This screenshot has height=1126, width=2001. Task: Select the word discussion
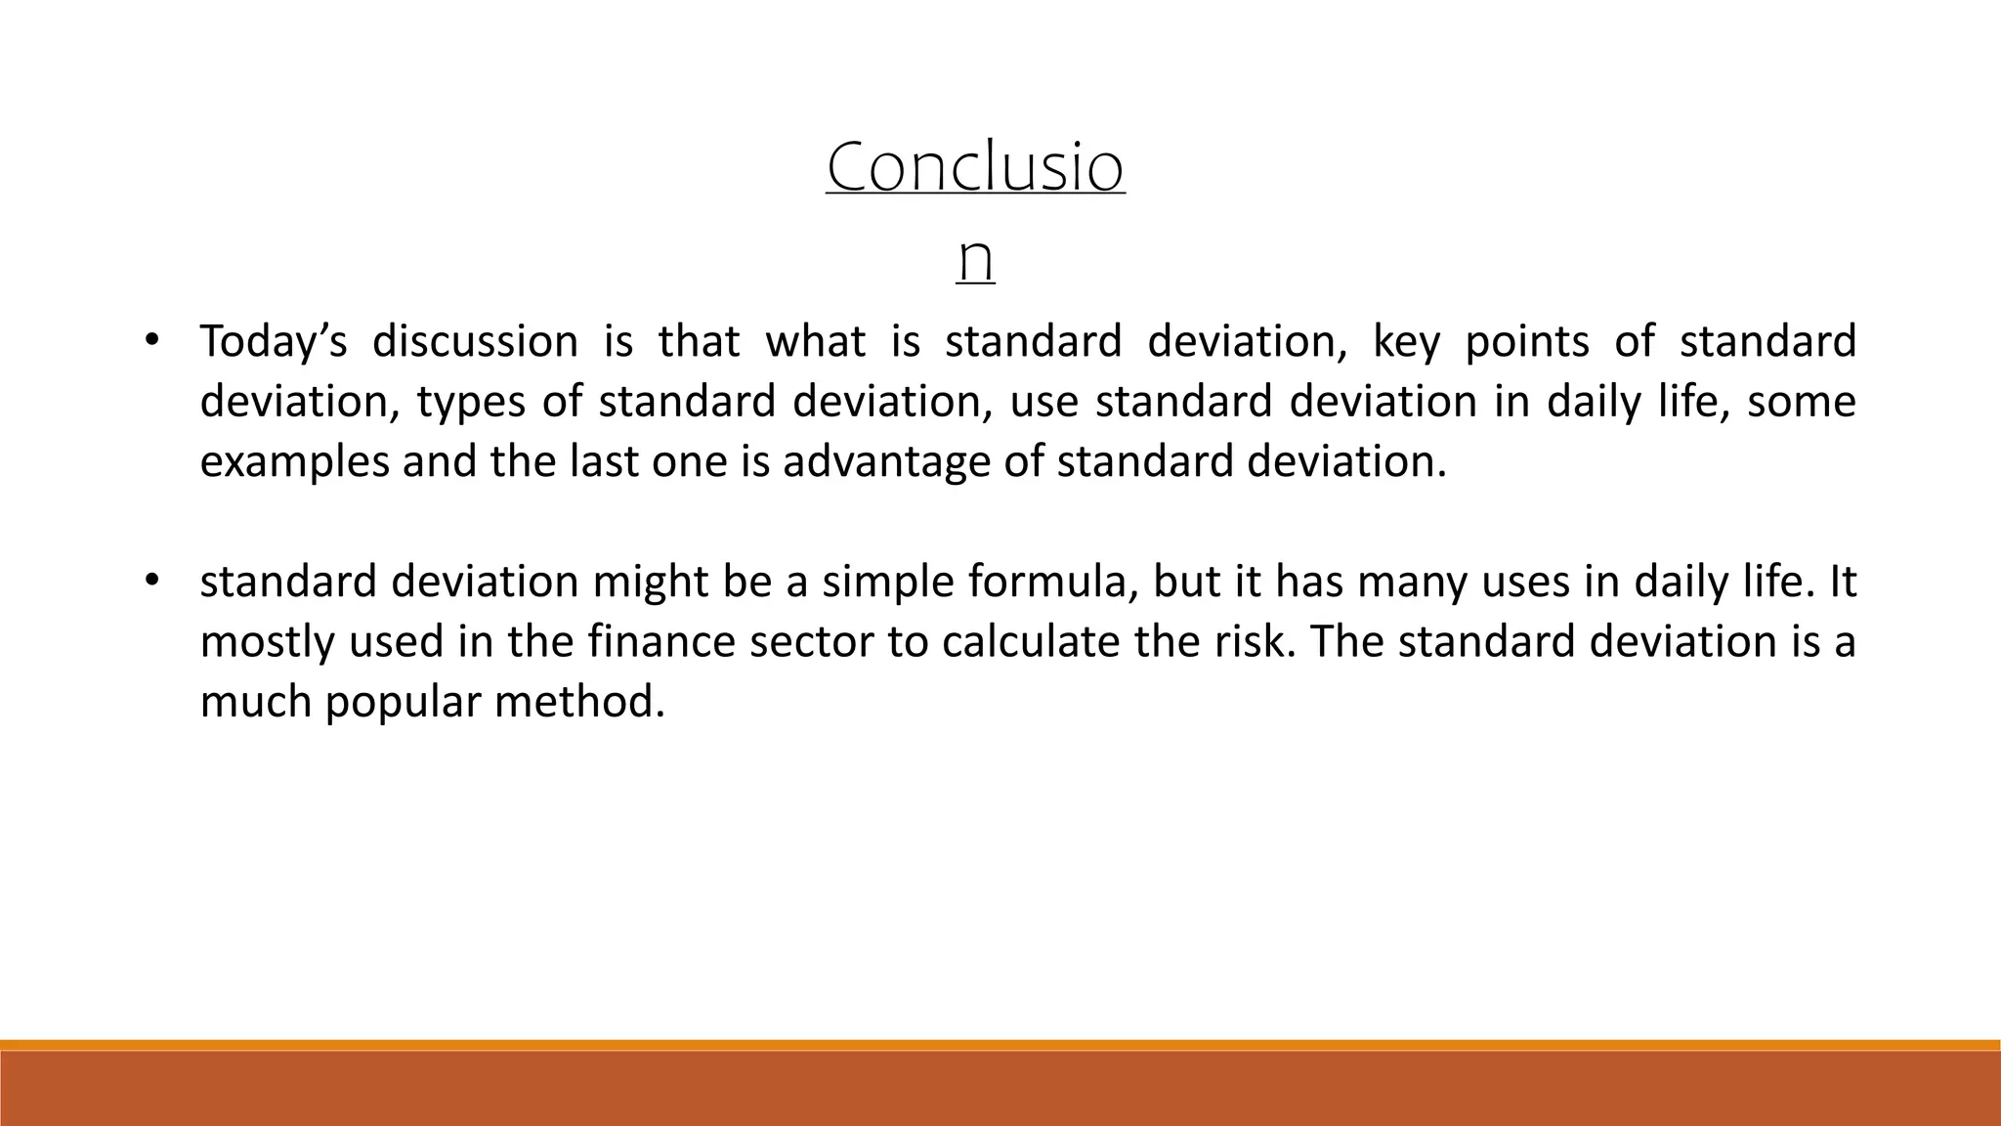coord(475,342)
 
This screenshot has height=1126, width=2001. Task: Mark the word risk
coord(1255,642)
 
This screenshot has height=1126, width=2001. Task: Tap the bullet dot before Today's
coord(150,341)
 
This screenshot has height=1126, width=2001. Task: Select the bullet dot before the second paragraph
coord(150,582)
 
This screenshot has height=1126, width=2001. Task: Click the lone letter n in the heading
coord(975,258)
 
